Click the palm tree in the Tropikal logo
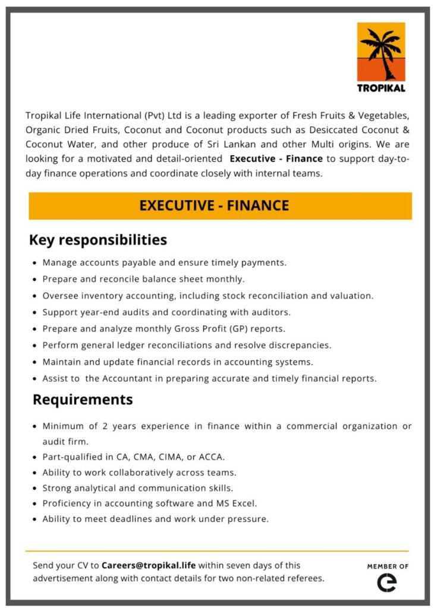[x=381, y=52]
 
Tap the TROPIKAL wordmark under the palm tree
[x=381, y=88]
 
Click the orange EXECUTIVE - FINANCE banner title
[x=214, y=206]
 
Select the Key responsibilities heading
[x=98, y=240]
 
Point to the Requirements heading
[x=83, y=400]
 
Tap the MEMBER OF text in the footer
[x=388, y=566]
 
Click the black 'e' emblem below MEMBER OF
[x=387, y=582]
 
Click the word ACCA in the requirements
[x=213, y=457]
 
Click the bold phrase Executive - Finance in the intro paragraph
[x=276, y=159]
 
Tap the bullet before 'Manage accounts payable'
[x=36, y=262]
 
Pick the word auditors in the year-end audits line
[x=272, y=312]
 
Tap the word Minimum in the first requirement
[x=62, y=426]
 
